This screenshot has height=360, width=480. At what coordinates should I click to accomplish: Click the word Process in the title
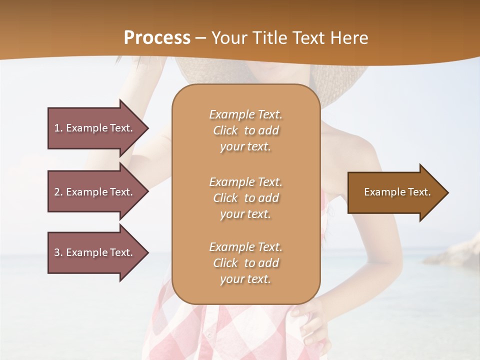pyautogui.click(x=157, y=38)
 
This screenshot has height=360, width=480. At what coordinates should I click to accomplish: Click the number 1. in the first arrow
pyautogui.click(x=58, y=128)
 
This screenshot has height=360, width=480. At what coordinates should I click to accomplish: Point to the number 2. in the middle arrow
pyautogui.click(x=58, y=192)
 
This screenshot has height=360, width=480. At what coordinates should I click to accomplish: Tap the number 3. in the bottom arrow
pyautogui.click(x=58, y=252)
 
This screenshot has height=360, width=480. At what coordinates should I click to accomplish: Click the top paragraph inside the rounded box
pyautogui.click(x=245, y=130)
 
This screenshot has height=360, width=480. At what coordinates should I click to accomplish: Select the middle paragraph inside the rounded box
pyautogui.click(x=245, y=198)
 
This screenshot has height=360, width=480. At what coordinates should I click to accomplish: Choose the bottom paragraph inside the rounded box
pyautogui.click(x=245, y=263)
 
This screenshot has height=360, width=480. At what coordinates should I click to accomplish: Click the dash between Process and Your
pyautogui.click(x=201, y=38)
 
